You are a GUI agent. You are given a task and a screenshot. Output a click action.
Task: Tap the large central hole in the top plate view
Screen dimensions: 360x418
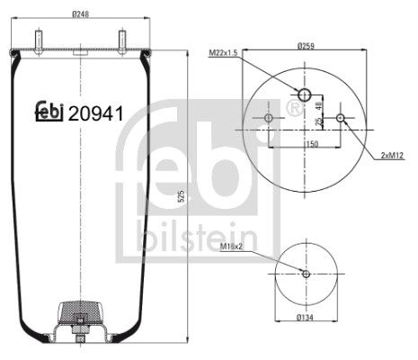(305, 95)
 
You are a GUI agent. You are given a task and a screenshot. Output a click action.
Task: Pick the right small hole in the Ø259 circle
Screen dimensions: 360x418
(340, 118)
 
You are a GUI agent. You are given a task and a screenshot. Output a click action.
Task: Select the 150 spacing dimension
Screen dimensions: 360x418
(310, 142)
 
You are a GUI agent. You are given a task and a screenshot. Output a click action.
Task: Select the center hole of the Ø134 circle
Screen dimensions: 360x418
(306, 274)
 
